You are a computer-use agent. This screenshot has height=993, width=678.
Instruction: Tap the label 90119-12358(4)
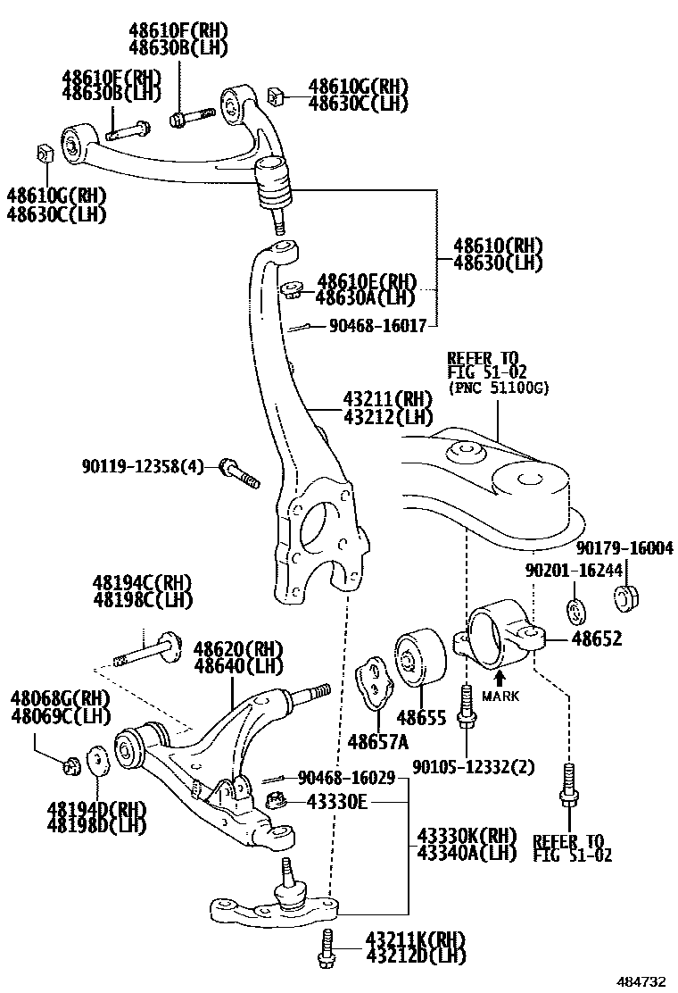pos(143,466)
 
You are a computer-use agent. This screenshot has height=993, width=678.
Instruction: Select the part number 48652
pos(597,639)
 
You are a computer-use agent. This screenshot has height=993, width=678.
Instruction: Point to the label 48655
pos(421,717)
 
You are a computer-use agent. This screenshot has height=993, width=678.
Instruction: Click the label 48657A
pos(378,741)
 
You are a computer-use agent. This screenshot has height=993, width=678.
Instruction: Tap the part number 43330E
pos(337,802)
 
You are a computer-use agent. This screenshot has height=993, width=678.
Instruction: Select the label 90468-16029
pos(346,779)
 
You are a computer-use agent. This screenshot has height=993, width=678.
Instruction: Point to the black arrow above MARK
pos(500,678)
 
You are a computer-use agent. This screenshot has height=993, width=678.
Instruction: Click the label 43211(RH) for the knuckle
pos(386,399)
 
